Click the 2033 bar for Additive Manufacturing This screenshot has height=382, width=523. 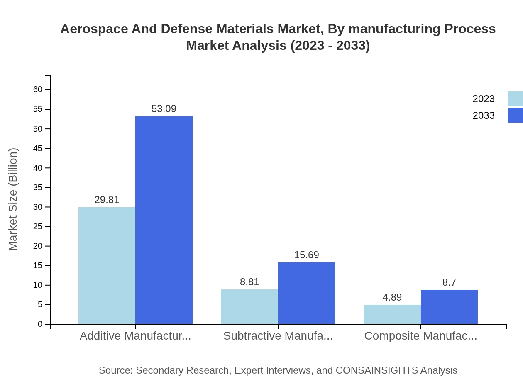coord(164,220)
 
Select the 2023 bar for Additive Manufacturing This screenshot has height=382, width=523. coord(107,265)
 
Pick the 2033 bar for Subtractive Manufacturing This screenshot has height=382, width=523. coord(306,293)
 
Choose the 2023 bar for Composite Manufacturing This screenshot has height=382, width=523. coord(392,314)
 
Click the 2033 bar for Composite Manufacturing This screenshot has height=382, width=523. coord(449,307)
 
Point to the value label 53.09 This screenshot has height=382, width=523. coord(164,109)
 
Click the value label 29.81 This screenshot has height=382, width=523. coord(107,200)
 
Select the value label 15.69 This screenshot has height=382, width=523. coord(306,255)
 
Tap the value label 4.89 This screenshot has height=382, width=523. coord(392,297)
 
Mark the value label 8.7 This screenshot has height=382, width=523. coord(449,282)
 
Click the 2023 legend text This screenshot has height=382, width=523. coord(484,99)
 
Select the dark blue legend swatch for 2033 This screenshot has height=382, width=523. coord(515,115)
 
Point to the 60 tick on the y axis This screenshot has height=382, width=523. coord(38,90)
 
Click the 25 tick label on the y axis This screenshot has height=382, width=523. coord(38,227)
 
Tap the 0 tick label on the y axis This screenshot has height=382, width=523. coord(40,324)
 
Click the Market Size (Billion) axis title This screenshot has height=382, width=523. coord(13,199)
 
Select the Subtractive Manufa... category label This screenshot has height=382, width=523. coord(278,336)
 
